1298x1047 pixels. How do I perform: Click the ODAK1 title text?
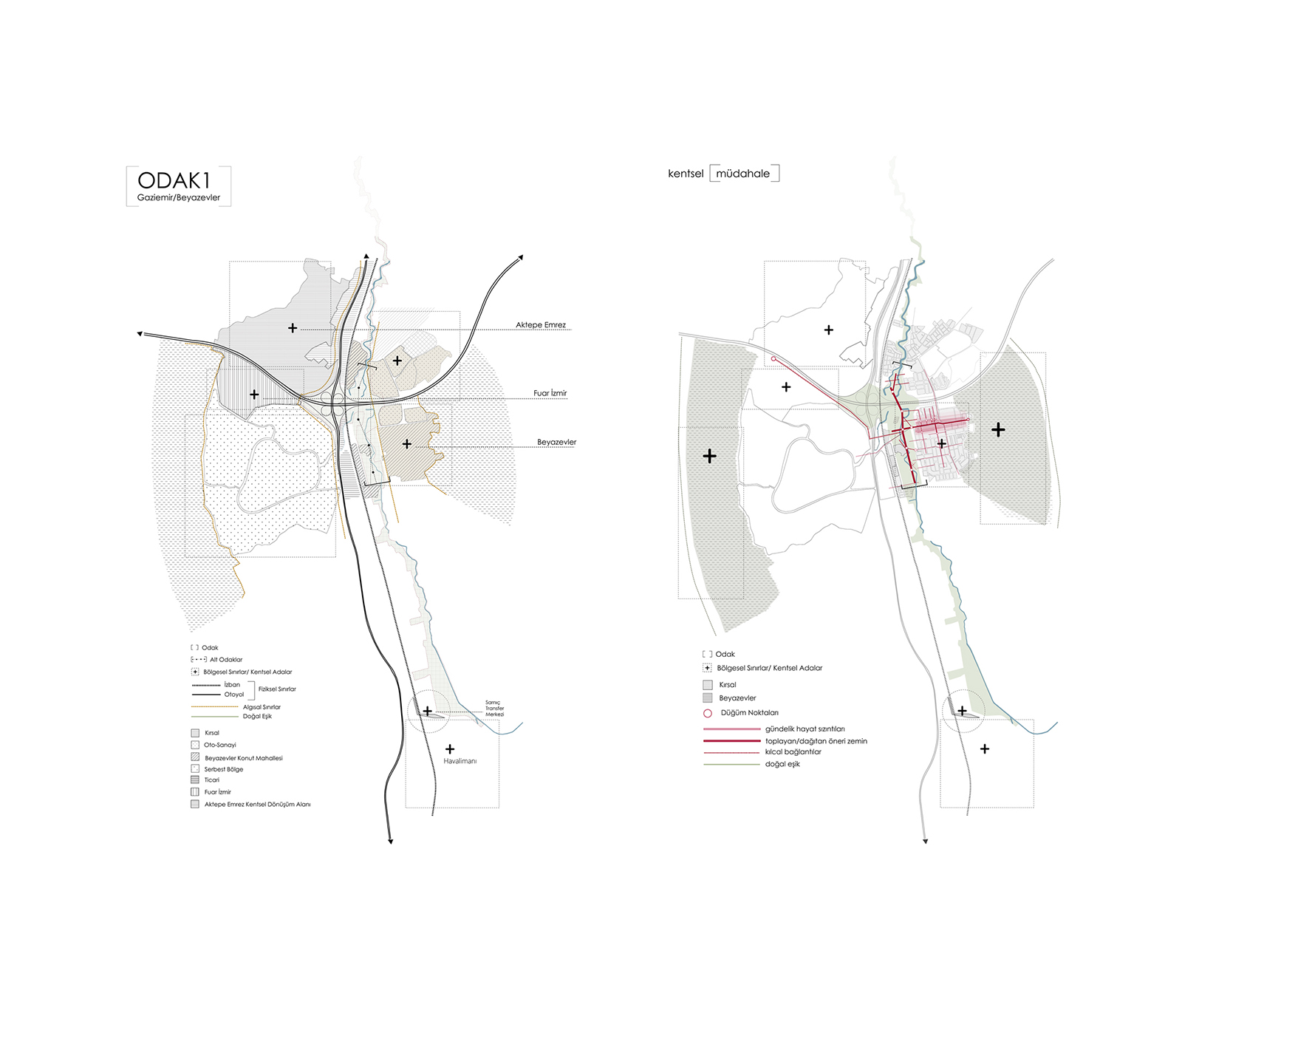coord(174,180)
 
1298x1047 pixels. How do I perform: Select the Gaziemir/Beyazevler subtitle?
coord(179,198)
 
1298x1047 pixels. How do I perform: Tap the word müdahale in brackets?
coord(742,174)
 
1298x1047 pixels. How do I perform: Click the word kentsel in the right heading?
coord(686,174)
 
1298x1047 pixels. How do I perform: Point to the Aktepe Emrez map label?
coord(541,325)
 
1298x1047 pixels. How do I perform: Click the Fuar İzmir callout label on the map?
coord(550,393)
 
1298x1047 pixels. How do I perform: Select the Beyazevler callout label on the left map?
coord(556,443)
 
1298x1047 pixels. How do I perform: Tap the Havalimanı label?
coord(460,761)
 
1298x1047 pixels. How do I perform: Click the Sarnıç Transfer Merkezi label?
coord(494,709)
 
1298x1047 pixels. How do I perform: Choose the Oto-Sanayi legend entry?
coord(220,746)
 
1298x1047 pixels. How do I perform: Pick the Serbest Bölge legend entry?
coord(224,769)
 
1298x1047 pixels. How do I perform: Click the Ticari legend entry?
coord(212,780)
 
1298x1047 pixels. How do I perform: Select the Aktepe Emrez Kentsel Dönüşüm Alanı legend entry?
coord(257,805)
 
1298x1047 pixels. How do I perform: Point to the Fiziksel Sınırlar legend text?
coord(277,689)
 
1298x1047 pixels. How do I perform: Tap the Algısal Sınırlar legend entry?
coord(262,707)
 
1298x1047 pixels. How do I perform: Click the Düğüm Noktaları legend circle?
coord(708,713)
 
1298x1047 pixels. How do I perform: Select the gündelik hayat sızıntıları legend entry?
coord(805,729)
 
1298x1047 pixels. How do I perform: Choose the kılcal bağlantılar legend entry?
coord(793,752)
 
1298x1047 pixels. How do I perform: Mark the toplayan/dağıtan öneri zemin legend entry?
coord(816,741)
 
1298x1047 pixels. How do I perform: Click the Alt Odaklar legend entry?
coord(225,660)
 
